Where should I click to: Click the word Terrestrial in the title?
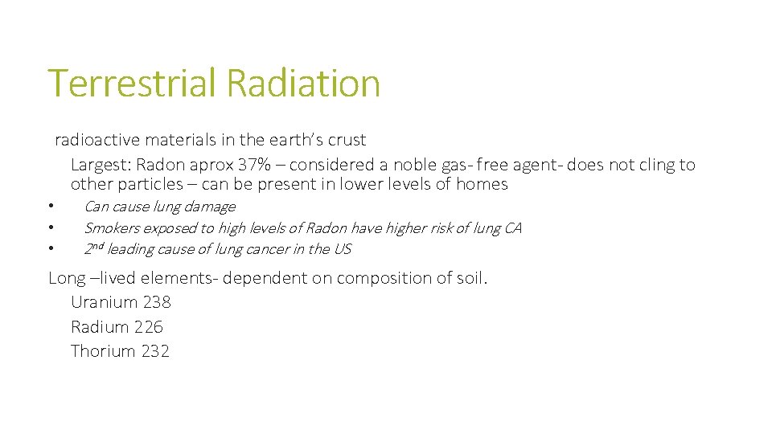[133, 83]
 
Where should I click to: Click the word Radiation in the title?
[303, 83]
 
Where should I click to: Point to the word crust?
[347, 140]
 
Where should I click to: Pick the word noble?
[413, 165]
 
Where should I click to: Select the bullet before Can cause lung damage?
[50, 207]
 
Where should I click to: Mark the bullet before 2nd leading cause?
[50, 249]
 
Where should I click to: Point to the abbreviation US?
[342, 249]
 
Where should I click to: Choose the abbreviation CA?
[512, 228]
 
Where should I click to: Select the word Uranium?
[105, 302]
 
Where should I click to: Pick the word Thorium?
[103, 351]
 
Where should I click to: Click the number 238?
[157, 302]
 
